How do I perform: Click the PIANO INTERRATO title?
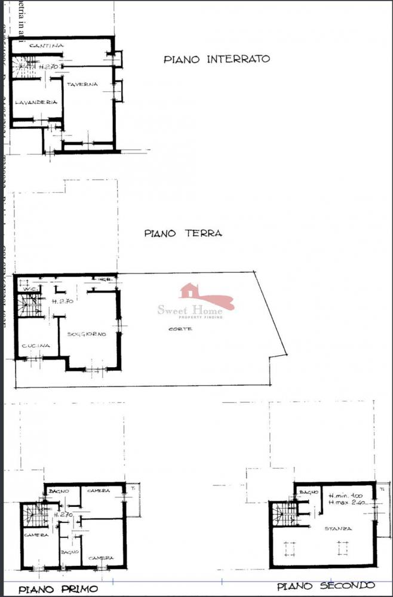pos(217,59)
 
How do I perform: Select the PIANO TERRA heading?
pos(183,233)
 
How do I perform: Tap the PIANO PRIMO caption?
pos(58,589)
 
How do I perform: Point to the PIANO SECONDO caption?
pos(326,586)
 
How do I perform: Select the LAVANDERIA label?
pos(36,102)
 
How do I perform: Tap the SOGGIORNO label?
pos(87,334)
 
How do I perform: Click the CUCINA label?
pos(35,346)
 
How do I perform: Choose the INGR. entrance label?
pos(106,279)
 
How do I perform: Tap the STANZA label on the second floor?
pos(338,528)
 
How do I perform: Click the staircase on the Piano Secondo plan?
pos(283,513)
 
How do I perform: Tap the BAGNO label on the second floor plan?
pos(309,492)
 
